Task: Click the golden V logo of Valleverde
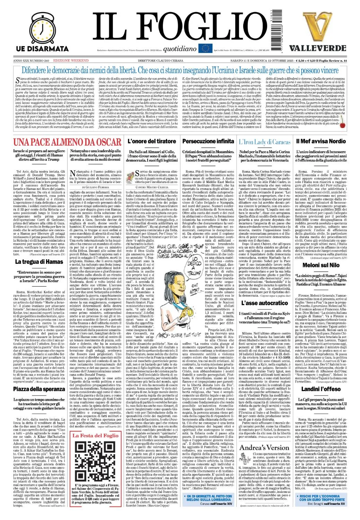pyautogui.click(x=318, y=26)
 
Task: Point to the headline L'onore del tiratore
pyautogui.click(x=152, y=141)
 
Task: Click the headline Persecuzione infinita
pyautogui.click(x=208, y=141)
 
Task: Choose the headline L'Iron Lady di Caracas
pyautogui.click(x=264, y=142)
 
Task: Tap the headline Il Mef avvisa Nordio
pyautogui.click(x=321, y=141)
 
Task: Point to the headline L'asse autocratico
pyautogui.click(x=264, y=303)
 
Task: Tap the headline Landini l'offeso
pyautogui.click(x=321, y=389)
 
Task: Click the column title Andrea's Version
pyautogui.click(x=264, y=447)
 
